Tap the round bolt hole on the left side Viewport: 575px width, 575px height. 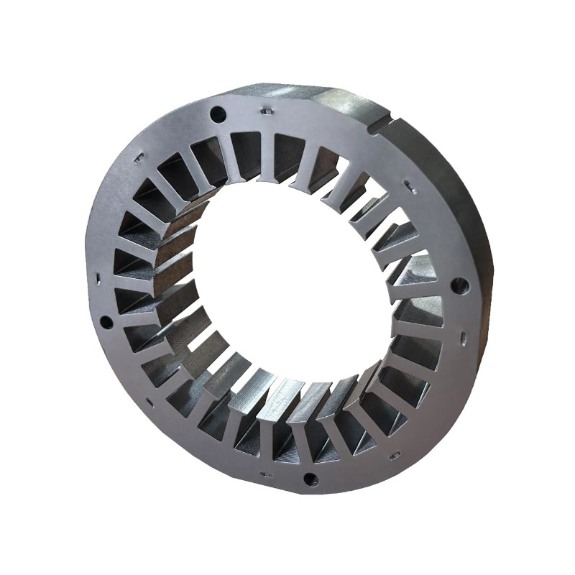point(106,321)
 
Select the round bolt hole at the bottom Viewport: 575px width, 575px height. point(310,478)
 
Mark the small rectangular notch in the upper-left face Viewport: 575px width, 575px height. point(136,155)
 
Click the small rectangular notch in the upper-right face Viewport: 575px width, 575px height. point(408,186)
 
